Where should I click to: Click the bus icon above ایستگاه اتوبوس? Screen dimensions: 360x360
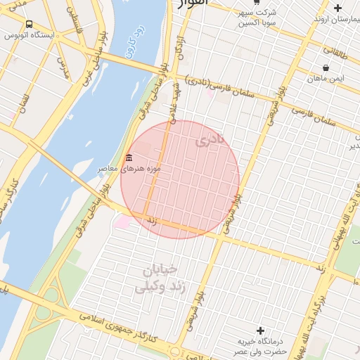click(x=29, y=24)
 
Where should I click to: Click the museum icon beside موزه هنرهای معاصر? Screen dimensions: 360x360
click(x=129, y=158)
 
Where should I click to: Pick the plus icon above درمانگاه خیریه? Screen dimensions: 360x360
click(x=261, y=330)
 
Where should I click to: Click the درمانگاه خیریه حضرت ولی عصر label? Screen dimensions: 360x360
click(x=261, y=345)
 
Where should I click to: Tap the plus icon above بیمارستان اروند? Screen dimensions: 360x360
click(x=337, y=8)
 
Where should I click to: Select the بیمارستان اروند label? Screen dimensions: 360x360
click(x=337, y=19)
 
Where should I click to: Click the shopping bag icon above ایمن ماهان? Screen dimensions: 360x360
click(x=326, y=67)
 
